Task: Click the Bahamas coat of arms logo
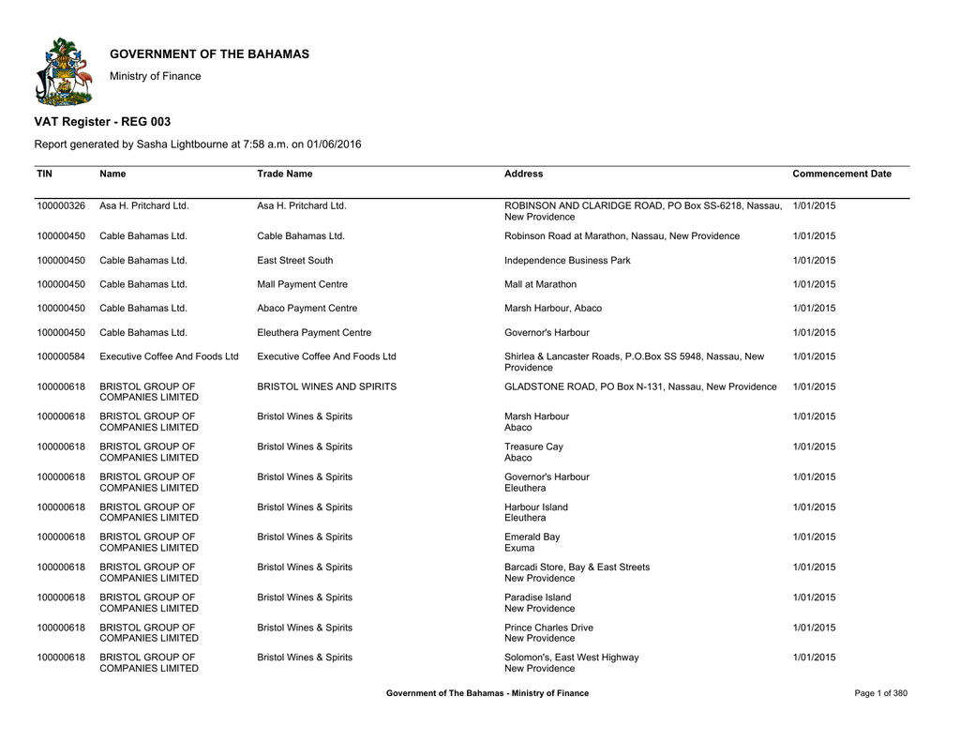click(64, 71)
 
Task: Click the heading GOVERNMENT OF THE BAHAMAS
click(209, 54)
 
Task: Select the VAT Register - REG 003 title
click(102, 122)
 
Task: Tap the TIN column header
click(45, 174)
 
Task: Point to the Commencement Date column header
click(842, 174)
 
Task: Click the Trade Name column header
click(285, 174)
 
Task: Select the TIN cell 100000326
click(61, 205)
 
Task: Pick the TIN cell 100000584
click(61, 356)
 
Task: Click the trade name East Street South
click(294, 260)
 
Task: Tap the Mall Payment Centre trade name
click(302, 284)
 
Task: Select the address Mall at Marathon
click(540, 284)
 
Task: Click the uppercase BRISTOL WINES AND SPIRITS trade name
click(326, 386)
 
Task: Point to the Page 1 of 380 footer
click(881, 693)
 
